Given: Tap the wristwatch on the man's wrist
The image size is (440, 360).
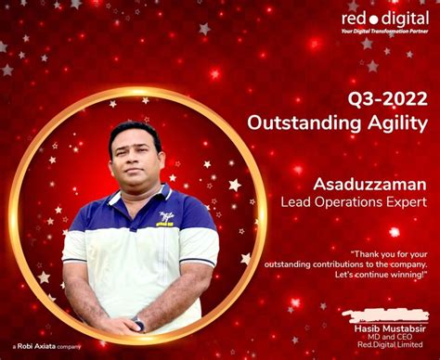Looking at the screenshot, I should tap(138, 324).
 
